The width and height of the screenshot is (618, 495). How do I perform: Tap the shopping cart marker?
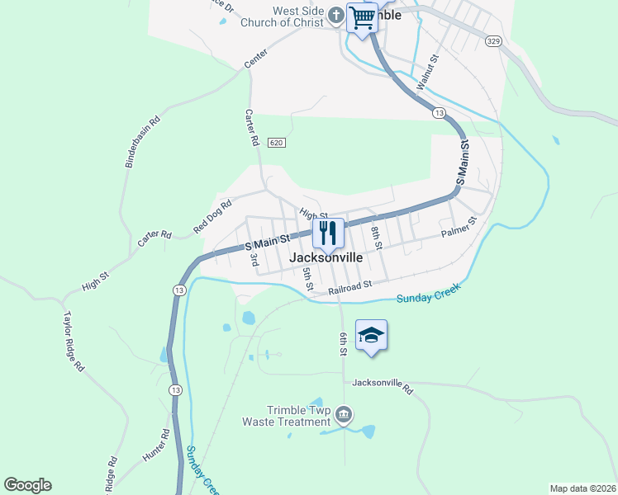click(362, 18)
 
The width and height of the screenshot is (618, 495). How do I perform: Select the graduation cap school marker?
click(371, 335)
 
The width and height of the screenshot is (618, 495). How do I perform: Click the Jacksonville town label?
click(326, 257)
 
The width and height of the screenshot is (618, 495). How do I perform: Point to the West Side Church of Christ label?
click(282, 16)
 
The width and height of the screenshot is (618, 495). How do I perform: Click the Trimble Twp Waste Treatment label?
click(286, 416)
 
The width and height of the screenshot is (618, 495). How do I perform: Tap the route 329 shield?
click(492, 40)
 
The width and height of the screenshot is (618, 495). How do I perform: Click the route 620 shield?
click(277, 143)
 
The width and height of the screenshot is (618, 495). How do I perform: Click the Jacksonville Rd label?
click(382, 383)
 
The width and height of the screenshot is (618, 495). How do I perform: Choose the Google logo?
click(27, 485)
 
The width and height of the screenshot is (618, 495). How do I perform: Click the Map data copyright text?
click(582, 488)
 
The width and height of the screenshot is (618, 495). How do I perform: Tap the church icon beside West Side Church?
click(336, 15)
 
